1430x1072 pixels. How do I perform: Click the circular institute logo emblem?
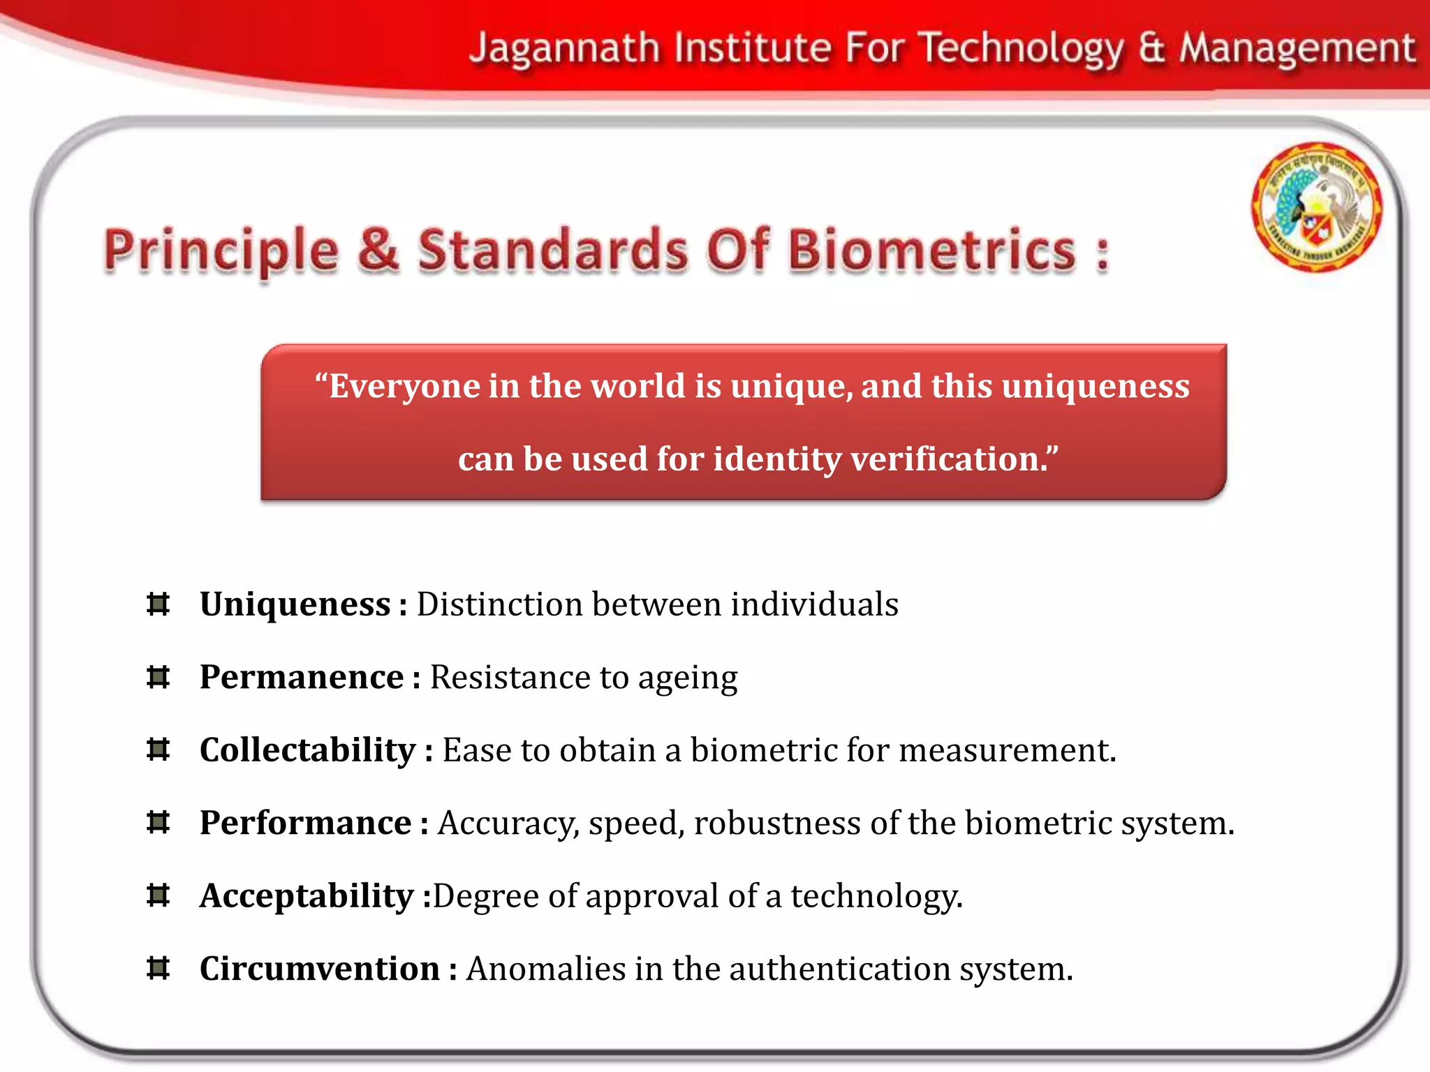[x=1316, y=207]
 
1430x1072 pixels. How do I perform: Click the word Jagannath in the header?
[x=564, y=49]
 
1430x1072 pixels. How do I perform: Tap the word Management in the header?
[x=1297, y=49]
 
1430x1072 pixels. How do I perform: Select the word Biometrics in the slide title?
[x=932, y=250]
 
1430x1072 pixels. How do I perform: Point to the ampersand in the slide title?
[x=378, y=250]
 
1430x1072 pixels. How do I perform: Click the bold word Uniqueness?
[x=295, y=604]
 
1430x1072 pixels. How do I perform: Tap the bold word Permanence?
[x=302, y=677]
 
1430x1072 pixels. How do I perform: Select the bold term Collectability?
[x=307, y=750]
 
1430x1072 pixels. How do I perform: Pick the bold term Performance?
[x=305, y=823]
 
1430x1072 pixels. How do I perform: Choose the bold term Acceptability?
[x=307, y=895]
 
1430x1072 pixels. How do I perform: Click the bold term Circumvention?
[x=319, y=969]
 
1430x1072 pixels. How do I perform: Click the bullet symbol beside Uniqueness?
[x=159, y=604]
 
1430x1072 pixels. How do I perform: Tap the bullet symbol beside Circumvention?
[x=159, y=969]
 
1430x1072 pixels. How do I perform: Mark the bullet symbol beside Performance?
[x=159, y=823]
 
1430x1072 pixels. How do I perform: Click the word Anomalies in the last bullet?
[x=546, y=969]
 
